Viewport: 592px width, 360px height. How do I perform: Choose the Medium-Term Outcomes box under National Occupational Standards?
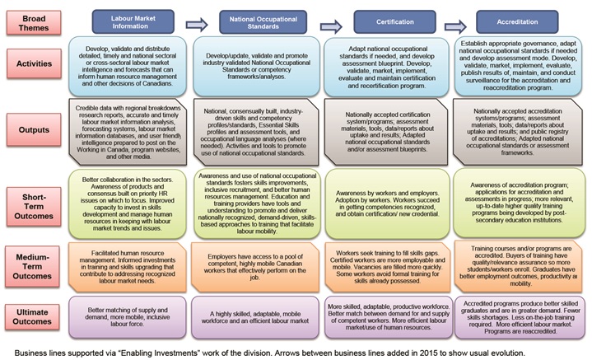tap(254, 261)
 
